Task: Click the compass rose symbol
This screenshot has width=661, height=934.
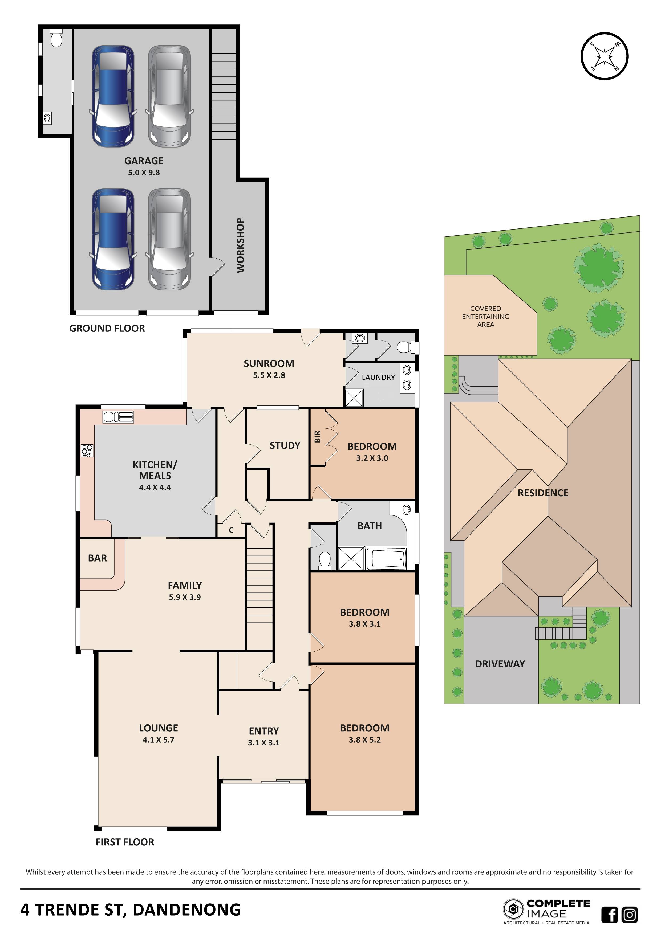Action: (605, 56)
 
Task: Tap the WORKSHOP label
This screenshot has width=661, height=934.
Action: (241, 245)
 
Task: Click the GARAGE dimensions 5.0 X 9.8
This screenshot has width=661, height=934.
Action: (144, 173)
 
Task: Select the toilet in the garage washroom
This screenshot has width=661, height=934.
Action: (56, 39)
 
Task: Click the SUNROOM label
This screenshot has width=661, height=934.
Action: (269, 363)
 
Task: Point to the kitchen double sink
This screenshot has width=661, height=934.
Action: (118, 417)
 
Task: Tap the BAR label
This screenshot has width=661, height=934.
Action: (97, 558)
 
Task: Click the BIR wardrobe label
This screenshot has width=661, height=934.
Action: (318, 436)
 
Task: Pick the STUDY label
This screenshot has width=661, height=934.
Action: (285, 445)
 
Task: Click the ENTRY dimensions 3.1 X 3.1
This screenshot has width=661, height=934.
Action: (264, 743)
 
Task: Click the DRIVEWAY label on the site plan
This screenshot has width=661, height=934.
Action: (500, 664)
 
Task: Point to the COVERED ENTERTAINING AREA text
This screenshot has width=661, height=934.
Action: (486, 317)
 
